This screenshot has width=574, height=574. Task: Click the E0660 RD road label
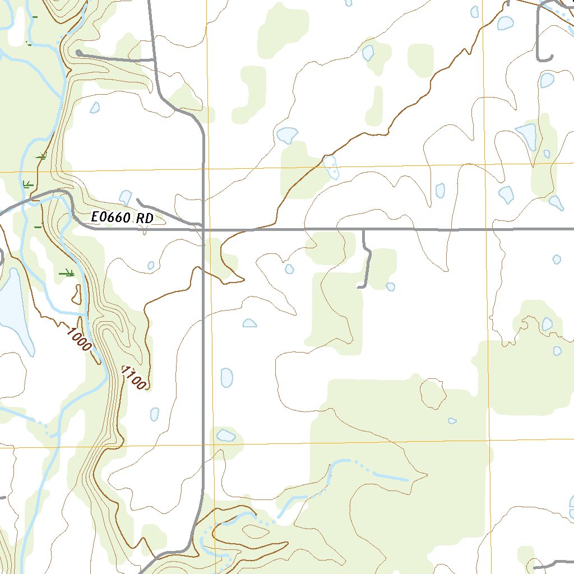pos(122,219)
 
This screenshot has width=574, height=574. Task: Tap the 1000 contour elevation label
pos(78,338)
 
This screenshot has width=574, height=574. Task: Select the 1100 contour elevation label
pos(135,378)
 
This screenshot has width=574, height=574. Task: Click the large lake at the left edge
pos(11,308)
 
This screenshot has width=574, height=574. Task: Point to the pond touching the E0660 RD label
pos(126,197)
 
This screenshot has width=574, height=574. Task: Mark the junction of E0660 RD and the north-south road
pos(203,229)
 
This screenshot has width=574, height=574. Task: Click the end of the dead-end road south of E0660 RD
pos(359,287)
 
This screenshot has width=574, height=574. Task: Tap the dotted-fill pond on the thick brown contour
pos(331,166)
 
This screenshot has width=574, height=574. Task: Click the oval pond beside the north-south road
pos(226,377)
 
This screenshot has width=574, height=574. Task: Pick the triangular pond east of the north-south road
pos(249,323)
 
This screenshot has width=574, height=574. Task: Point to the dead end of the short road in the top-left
pos(78,53)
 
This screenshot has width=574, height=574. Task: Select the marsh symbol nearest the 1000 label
pos(67,273)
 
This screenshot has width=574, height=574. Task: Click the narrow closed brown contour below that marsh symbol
pos(76,293)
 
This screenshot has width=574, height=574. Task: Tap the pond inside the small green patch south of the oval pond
pos(225,436)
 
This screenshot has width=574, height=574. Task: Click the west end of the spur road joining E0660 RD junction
pos(138,201)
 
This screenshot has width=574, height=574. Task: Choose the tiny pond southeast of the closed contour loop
pos(452,420)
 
